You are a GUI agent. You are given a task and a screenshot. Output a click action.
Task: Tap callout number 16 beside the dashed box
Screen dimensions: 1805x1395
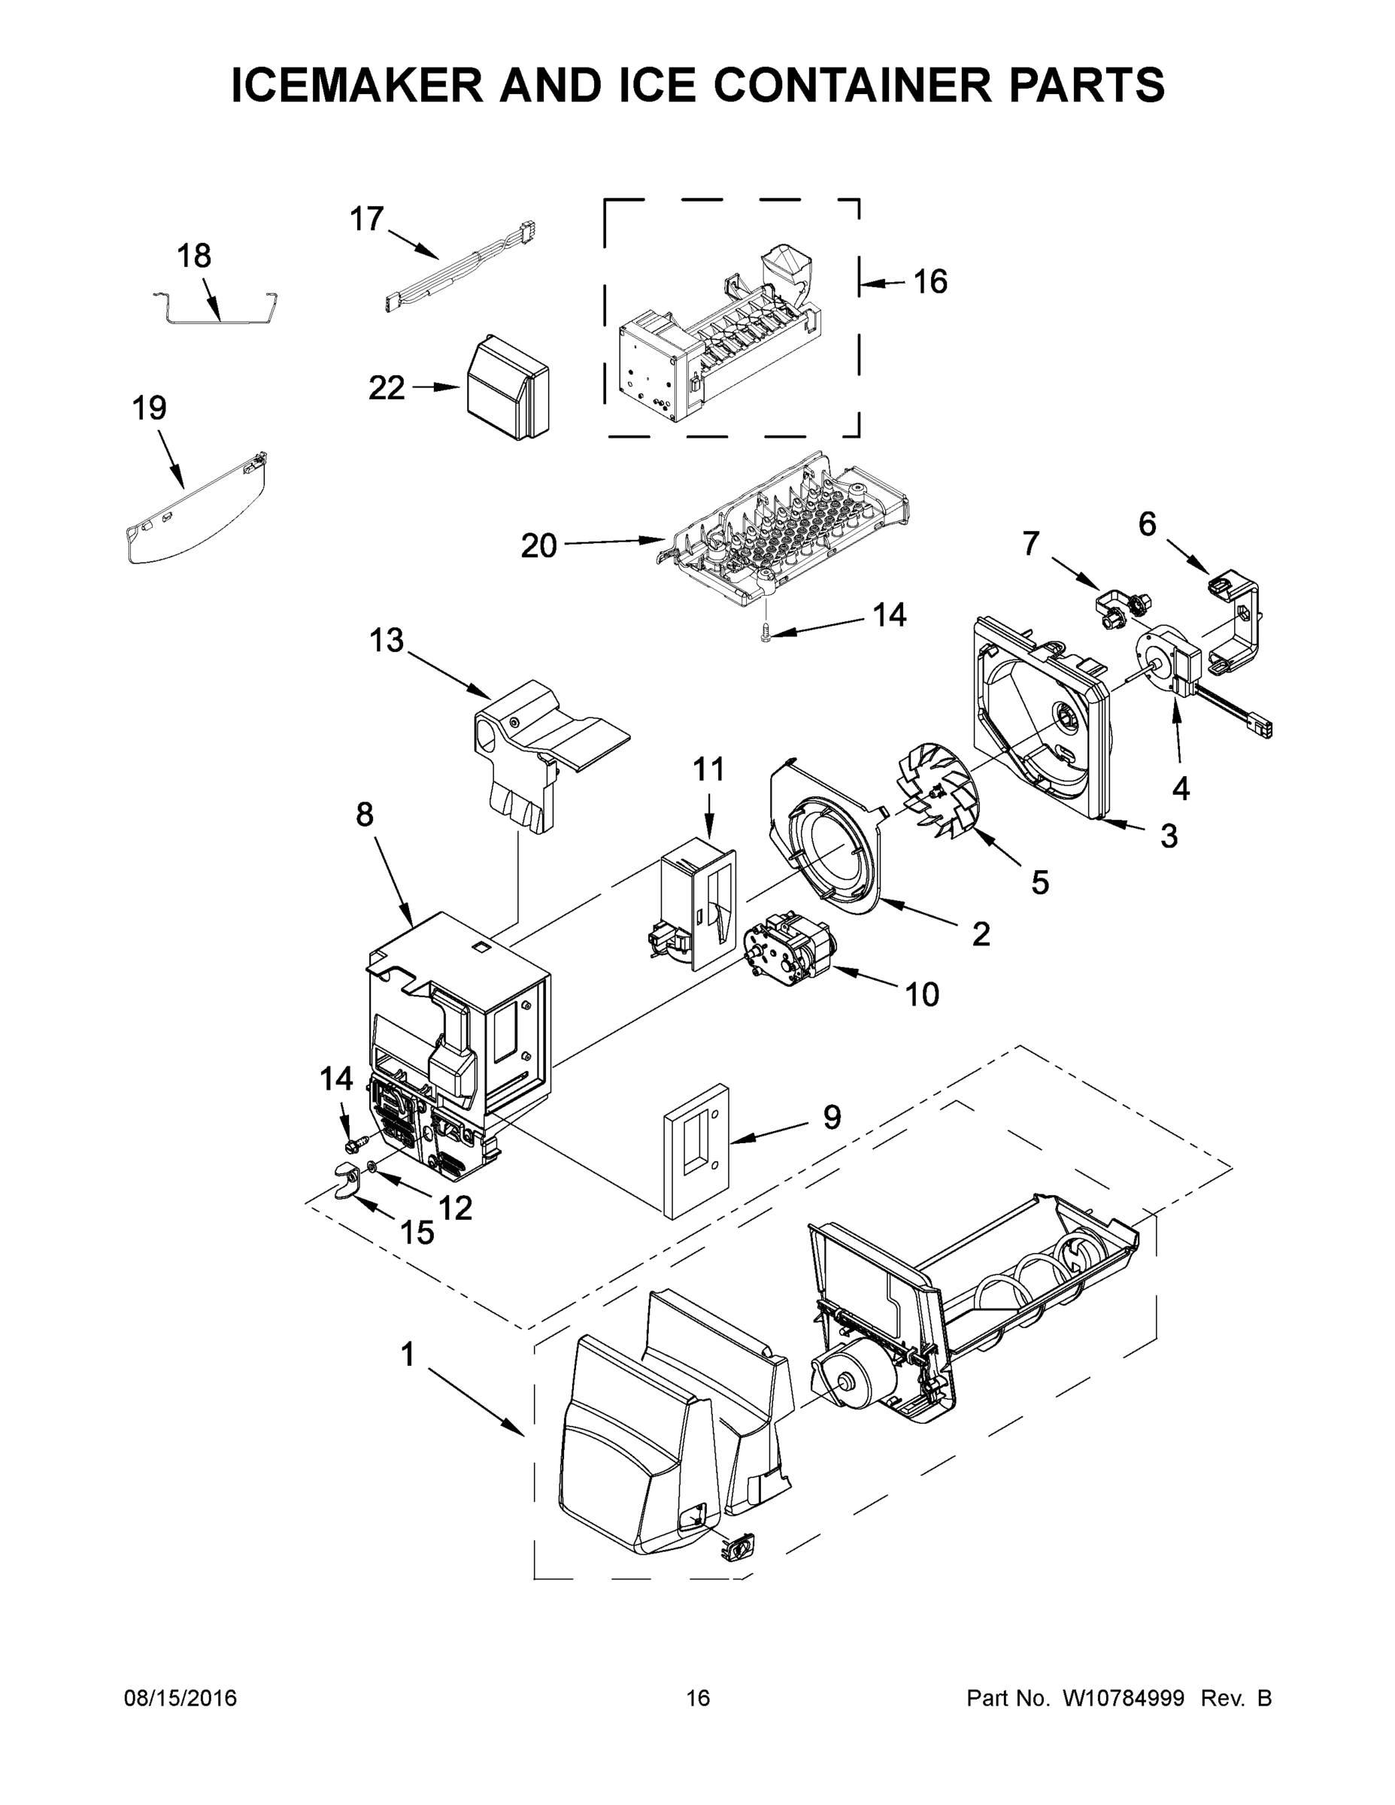point(929,283)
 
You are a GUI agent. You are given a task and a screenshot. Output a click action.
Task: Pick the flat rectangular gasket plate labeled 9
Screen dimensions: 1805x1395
point(696,1152)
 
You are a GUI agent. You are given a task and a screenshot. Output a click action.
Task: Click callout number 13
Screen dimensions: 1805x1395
point(386,641)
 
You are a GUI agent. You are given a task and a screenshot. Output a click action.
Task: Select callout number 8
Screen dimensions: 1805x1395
point(365,815)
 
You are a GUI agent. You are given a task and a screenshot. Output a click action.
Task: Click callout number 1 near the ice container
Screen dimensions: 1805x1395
point(407,1355)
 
